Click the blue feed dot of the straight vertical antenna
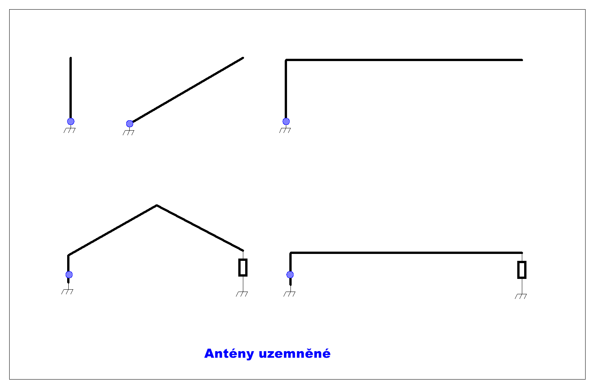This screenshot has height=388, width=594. pos(71,121)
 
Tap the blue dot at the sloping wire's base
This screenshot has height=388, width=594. pos(130,124)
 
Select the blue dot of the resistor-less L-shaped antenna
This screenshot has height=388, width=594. pos(286,121)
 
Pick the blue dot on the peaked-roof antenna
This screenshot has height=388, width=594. pos(69,275)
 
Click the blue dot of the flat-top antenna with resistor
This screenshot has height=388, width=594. pos(290,275)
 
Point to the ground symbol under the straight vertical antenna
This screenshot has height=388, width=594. pos(69,130)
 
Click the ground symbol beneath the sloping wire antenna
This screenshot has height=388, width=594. pos(129,133)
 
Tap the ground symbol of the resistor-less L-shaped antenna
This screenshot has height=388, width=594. pos(285,130)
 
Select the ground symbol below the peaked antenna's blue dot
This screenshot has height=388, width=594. pos(67,292)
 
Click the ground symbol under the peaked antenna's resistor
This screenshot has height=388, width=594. pos(242,294)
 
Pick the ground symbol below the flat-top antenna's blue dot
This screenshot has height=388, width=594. pos(289,294)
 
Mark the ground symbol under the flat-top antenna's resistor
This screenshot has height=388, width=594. pos(521,296)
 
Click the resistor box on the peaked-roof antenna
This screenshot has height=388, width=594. pos(243,267)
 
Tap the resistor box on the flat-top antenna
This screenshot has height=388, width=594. pos(522,270)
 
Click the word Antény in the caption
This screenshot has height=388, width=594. pos(229,353)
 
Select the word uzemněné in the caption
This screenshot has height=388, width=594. pos(295,353)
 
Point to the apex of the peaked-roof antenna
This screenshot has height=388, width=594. pos(157,206)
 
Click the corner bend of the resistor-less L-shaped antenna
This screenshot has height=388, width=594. pos(286,60)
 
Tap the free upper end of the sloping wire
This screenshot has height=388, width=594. pos(243,58)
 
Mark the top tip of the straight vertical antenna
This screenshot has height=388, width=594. pos(71,58)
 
